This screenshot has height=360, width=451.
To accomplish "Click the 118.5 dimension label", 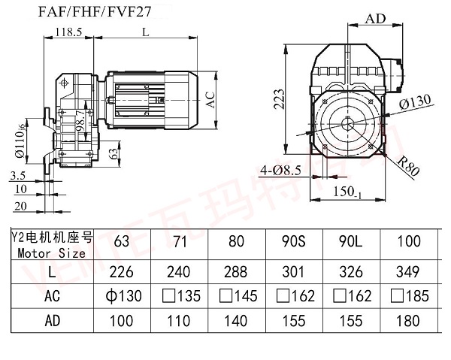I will point(68,32).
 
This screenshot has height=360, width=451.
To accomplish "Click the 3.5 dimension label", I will point(20,175).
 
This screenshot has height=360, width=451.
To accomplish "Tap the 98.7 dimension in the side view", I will point(81,121).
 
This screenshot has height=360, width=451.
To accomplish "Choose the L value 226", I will point(120,270).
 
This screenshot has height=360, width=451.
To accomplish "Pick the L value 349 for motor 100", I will point(407,270).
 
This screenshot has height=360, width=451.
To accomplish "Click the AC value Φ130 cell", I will point(120,296).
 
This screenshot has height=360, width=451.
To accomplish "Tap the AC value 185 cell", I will point(407,296).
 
